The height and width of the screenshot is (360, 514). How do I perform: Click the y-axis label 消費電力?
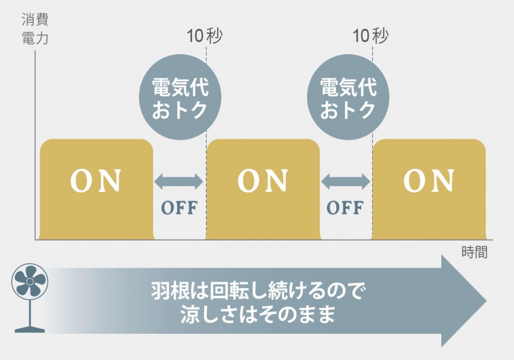pos(35,29)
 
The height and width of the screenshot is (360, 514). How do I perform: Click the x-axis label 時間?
pos(474,252)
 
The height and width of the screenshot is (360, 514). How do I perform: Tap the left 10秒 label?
pos(205,36)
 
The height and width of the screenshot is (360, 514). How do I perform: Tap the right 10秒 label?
pos(371,36)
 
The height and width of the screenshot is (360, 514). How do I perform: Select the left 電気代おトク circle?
pos(180,97)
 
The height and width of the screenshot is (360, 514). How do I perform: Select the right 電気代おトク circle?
pos(348,97)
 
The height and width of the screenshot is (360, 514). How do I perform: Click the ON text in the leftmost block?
pos(96,180)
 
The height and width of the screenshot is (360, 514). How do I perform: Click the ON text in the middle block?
pos(262,180)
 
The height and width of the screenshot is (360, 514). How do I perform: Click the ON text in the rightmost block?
pos(429,180)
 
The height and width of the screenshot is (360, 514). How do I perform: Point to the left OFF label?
pos(179,208)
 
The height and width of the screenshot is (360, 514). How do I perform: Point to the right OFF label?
pos(345,208)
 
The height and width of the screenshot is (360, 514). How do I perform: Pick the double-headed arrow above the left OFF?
pos(179,181)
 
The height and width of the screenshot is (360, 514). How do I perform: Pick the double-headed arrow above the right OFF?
pos(345,181)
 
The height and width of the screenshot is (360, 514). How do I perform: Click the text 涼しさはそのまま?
pos(258,315)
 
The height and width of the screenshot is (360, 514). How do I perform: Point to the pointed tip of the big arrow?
pos(486,301)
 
